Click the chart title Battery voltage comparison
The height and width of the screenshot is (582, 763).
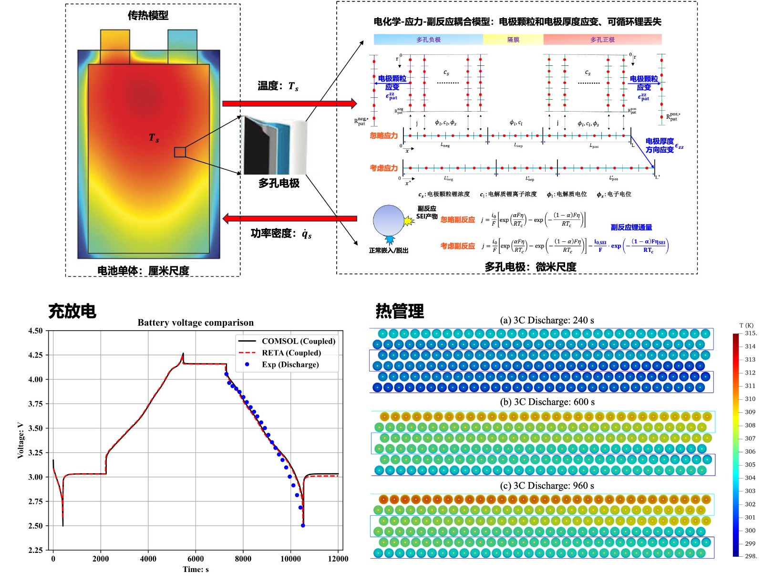pos(196,322)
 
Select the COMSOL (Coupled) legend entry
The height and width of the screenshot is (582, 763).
pos(298,341)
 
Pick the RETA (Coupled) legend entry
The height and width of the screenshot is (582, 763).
pos(291,353)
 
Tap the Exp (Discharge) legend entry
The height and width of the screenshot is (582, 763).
pos(290,364)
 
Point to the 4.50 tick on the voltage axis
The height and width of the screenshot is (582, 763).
pos(35,331)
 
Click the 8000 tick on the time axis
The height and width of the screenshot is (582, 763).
pos(243,559)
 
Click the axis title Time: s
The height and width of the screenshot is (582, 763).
pos(196,569)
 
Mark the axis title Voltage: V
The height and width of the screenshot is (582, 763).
pos(21,440)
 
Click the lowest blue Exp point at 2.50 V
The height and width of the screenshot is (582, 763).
pos(303,526)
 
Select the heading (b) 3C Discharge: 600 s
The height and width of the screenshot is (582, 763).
pos(547,402)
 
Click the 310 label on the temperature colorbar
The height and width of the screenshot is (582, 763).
pos(750,399)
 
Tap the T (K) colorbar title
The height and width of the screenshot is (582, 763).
pos(746,325)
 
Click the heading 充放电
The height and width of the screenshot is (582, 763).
pos(72,311)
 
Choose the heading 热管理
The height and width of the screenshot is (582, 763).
pos(400,311)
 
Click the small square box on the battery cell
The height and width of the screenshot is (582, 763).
pos(180,152)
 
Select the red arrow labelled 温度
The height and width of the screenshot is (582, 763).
pos(289,104)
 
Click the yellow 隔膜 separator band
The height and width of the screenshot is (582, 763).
pos(513,40)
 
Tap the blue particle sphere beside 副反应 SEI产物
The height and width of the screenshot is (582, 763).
pos(389,220)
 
